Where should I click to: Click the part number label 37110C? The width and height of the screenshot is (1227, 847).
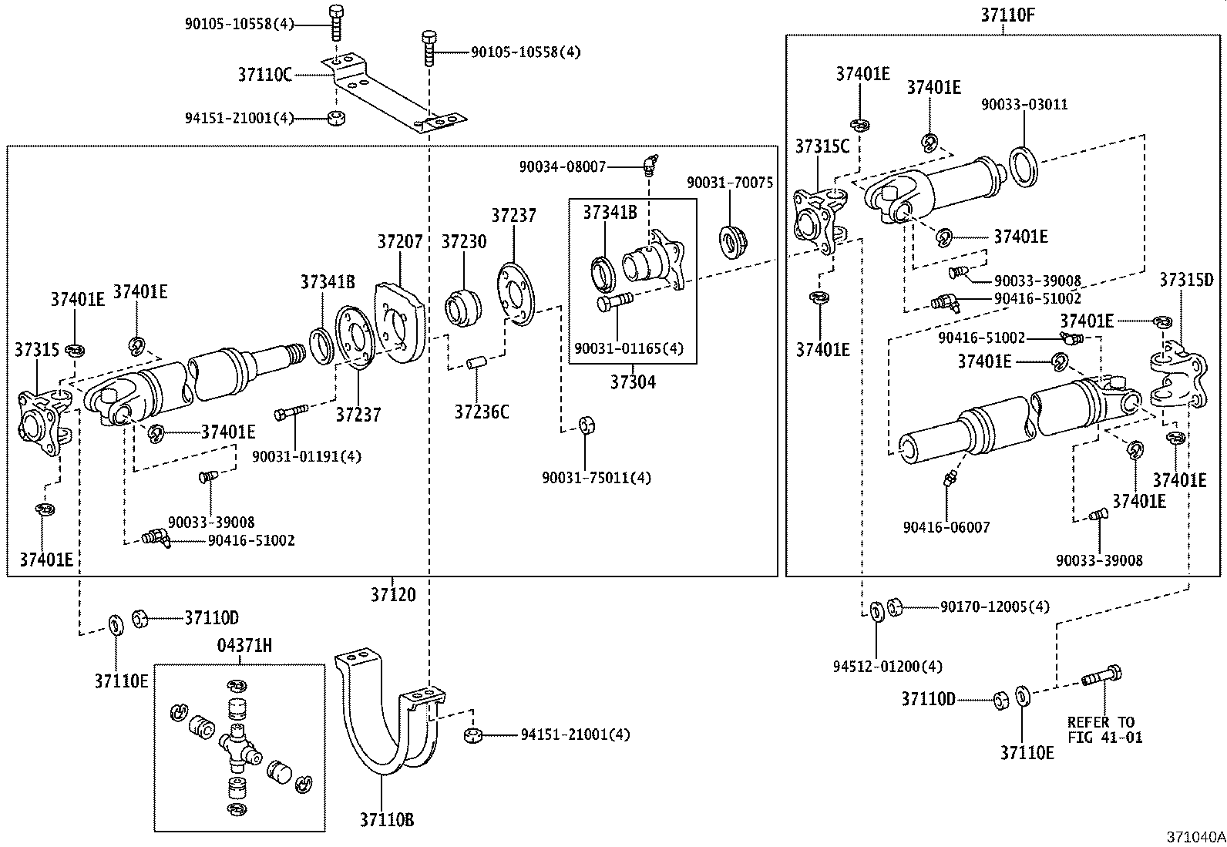[264, 75]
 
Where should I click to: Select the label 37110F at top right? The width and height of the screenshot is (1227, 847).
[1003, 15]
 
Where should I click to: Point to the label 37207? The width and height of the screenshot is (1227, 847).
[399, 241]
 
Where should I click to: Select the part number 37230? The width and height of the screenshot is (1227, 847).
[463, 241]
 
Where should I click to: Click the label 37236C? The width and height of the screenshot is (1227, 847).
[481, 412]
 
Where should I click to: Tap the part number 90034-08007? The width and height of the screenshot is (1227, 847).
[562, 166]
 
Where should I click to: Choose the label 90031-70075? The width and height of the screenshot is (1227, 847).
[730, 182]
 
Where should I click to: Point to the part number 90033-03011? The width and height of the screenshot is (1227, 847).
[1024, 104]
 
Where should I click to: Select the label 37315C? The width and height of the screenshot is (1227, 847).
[822, 146]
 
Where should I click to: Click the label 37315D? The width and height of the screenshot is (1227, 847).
[1186, 280]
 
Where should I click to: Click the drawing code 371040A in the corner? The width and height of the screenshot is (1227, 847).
[1194, 836]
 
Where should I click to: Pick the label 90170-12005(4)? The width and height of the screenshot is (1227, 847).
[994, 607]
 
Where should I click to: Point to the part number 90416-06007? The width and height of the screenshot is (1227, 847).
[946, 527]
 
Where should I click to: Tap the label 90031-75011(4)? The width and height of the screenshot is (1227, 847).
[596, 478]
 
